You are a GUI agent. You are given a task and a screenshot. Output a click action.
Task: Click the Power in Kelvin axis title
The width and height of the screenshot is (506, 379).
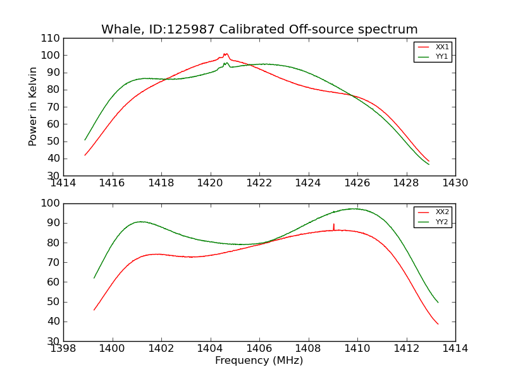click(x=33, y=107)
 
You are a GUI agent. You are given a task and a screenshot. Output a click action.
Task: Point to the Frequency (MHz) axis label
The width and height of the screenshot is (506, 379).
click(x=259, y=361)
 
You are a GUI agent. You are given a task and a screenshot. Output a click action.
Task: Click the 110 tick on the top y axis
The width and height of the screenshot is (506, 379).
click(x=51, y=39)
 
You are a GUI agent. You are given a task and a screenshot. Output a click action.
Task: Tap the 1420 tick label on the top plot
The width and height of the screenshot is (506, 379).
click(x=211, y=183)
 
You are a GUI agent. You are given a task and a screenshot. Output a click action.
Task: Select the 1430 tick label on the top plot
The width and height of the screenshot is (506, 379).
click(x=455, y=183)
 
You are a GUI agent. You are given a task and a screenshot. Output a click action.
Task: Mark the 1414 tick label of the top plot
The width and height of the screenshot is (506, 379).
click(x=64, y=183)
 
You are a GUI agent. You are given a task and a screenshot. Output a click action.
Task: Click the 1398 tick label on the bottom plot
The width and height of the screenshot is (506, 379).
click(x=64, y=349)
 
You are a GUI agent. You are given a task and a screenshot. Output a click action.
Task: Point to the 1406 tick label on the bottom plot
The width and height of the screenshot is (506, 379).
click(x=259, y=349)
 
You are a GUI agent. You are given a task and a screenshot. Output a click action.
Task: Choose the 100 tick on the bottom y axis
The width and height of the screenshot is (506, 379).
click(x=51, y=203)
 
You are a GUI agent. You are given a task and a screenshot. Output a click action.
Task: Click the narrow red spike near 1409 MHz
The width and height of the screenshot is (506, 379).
click(x=333, y=226)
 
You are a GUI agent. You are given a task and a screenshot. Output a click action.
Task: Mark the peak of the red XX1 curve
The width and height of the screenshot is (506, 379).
click(x=225, y=54)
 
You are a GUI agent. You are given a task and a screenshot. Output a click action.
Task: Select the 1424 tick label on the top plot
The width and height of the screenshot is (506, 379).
click(x=309, y=183)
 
